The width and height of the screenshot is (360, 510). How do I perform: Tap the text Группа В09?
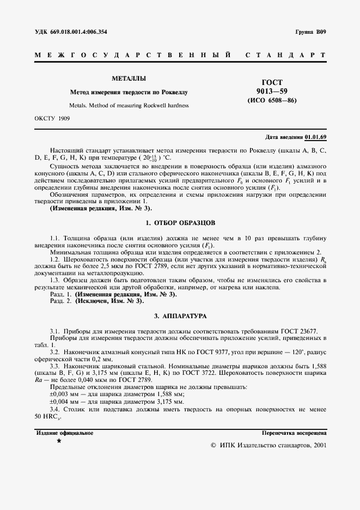tap(310, 32)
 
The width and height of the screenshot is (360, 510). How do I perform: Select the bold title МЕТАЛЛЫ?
tap(129, 78)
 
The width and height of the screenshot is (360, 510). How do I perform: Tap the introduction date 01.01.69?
tap(316, 137)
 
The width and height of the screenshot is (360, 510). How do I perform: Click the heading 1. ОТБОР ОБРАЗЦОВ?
tap(180, 223)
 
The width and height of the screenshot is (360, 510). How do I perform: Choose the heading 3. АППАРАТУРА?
tap(180, 316)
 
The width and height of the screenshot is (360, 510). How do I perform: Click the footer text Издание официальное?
tap(65, 433)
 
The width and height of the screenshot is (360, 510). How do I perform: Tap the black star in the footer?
tap(59, 441)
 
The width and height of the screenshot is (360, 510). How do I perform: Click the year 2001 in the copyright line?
tap(318, 445)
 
